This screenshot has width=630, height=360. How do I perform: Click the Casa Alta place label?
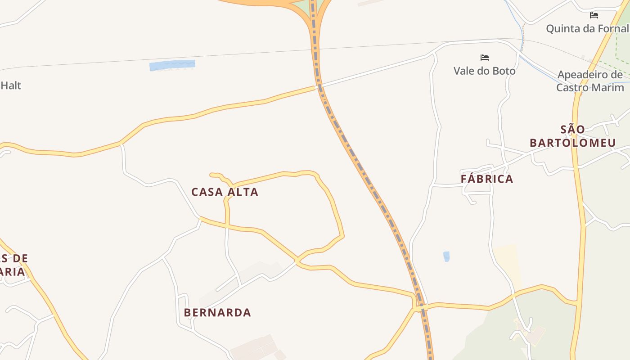click(x=225, y=192)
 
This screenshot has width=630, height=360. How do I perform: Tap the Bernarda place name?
click(x=217, y=312)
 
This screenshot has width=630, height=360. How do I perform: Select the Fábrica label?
click(x=487, y=179)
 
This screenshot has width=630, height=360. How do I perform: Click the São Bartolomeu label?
click(x=572, y=136)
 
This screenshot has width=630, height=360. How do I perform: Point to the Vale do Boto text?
click(x=484, y=71)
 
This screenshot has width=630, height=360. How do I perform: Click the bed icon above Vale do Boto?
click(x=484, y=58)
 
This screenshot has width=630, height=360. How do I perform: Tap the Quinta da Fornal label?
click(x=587, y=29)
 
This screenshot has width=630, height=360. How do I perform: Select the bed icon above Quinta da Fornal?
click(x=594, y=15)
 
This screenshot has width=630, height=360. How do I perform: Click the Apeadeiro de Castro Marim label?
click(x=589, y=81)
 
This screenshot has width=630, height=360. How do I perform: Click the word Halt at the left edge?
click(x=11, y=85)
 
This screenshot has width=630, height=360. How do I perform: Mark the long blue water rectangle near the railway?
click(x=172, y=66)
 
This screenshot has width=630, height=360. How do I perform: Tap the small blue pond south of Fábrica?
click(x=446, y=256)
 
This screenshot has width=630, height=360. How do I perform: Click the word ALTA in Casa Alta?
click(x=243, y=192)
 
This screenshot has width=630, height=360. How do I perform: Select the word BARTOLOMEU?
click(x=572, y=143)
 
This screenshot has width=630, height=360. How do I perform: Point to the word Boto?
click(x=504, y=71)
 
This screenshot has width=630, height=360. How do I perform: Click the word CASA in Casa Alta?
click(x=207, y=192)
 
